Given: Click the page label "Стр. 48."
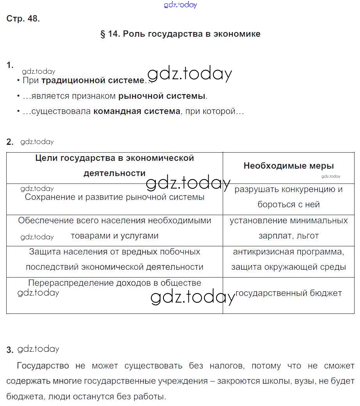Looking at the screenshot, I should click(x=23, y=19).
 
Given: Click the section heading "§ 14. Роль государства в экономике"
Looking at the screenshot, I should click(x=180, y=34).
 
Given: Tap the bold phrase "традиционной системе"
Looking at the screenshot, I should click(x=92, y=80).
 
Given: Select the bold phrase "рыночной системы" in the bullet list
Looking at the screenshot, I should click(x=162, y=96).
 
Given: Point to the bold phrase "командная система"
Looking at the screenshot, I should click(x=137, y=112).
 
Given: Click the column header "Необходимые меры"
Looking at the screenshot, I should click(x=289, y=166).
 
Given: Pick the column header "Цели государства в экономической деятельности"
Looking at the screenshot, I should click(x=115, y=166).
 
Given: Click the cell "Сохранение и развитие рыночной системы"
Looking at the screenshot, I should click(x=115, y=197).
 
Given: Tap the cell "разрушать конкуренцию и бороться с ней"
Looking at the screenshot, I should click(x=289, y=197).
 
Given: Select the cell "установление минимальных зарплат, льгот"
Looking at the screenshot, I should click(x=289, y=228).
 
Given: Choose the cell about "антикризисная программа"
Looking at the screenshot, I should click(x=289, y=259).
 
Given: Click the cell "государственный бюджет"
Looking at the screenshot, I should click(x=289, y=293).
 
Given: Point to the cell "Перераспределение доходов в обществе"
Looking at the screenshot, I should click(x=115, y=283).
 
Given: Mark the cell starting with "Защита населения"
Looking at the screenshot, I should click(x=115, y=259).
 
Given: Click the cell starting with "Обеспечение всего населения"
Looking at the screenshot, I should click(x=115, y=228).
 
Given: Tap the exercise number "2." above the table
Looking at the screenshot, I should click(x=10, y=142).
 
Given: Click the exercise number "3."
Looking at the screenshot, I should click(x=10, y=350).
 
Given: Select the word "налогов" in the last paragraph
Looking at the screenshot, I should click(x=222, y=366).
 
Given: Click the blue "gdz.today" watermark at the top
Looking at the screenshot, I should click(x=181, y=5).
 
